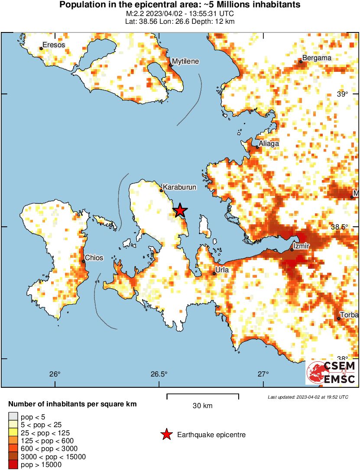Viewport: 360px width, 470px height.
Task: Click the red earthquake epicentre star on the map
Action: click(x=180, y=211)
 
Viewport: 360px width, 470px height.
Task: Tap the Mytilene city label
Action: click(x=185, y=61)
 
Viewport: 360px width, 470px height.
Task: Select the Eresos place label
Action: click(x=54, y=45)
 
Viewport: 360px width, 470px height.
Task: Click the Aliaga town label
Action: click(x=269, y=143)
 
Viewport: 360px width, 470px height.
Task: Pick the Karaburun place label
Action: click(x=180, y=187)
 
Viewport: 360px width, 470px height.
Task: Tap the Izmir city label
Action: click(x=301, y=246)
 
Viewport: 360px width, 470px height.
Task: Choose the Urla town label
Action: click(x=222, y=270)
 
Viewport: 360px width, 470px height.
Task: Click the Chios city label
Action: click(x=94, y=258)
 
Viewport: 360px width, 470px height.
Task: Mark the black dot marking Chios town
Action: click(x=83, y=261)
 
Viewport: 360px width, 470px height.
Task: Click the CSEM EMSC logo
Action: click(x=331, y=373)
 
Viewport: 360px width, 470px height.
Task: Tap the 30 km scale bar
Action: click(x=203, y=394)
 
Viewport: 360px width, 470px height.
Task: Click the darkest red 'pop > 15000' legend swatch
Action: click(x=13, y=464)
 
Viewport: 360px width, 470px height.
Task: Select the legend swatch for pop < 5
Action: click(x=13, y=417)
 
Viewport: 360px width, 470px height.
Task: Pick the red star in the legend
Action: click(x=166, y=435)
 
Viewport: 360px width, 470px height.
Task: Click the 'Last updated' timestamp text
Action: click(x=308, y=397)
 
